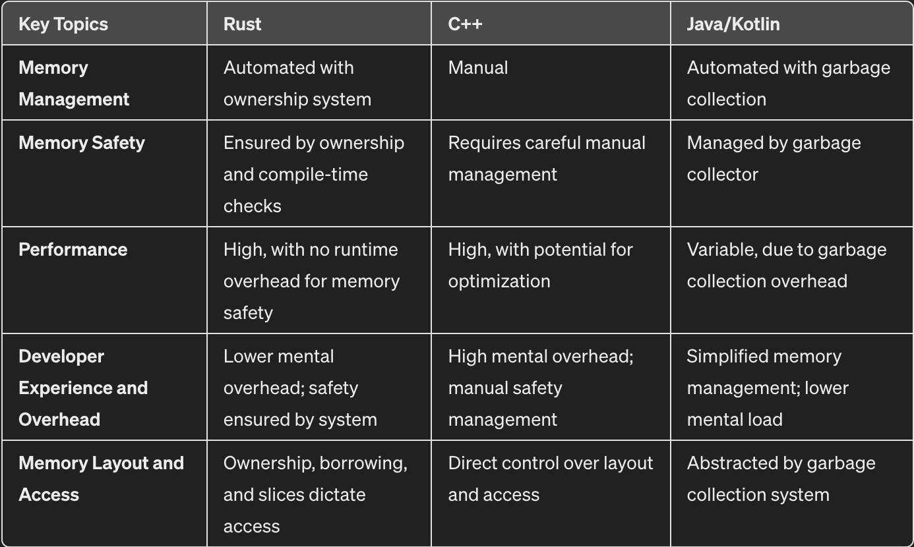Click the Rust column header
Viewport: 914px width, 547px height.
(243, 24)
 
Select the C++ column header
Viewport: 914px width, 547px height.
(465, 24)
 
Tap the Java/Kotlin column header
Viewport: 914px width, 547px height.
(733, 24)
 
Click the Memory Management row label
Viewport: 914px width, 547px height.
(74, 84)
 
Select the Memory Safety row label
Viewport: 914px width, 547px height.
(82, 143)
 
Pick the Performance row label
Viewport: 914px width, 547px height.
(73, 250)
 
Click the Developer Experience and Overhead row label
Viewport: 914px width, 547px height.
(83, 388)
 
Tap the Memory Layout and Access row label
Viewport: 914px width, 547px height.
(101, 479)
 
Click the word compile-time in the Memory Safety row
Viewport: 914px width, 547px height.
(313, 175)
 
